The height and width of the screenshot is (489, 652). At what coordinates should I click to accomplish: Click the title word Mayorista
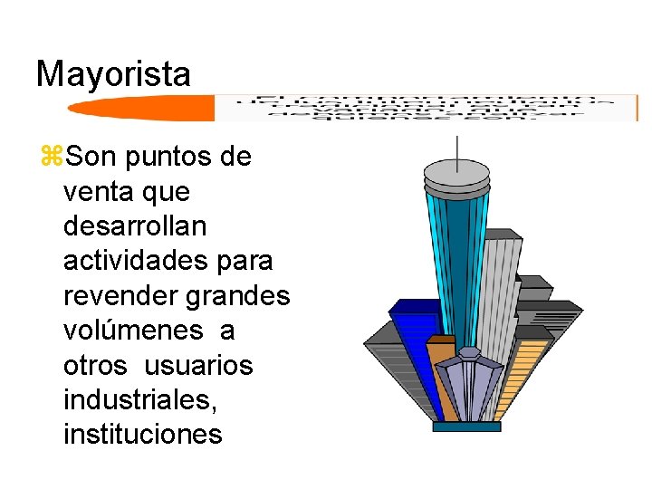tap(113, 74)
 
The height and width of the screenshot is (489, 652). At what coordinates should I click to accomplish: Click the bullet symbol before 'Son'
tap(49, 158)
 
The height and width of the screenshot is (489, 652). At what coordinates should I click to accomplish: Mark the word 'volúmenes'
tap(133, 331)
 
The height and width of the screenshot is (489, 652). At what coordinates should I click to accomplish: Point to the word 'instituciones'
tap(142, 435)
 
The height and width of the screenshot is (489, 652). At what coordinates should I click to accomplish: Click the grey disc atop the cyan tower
tap(457, 172)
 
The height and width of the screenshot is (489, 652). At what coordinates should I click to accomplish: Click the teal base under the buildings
tap(466, 426)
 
